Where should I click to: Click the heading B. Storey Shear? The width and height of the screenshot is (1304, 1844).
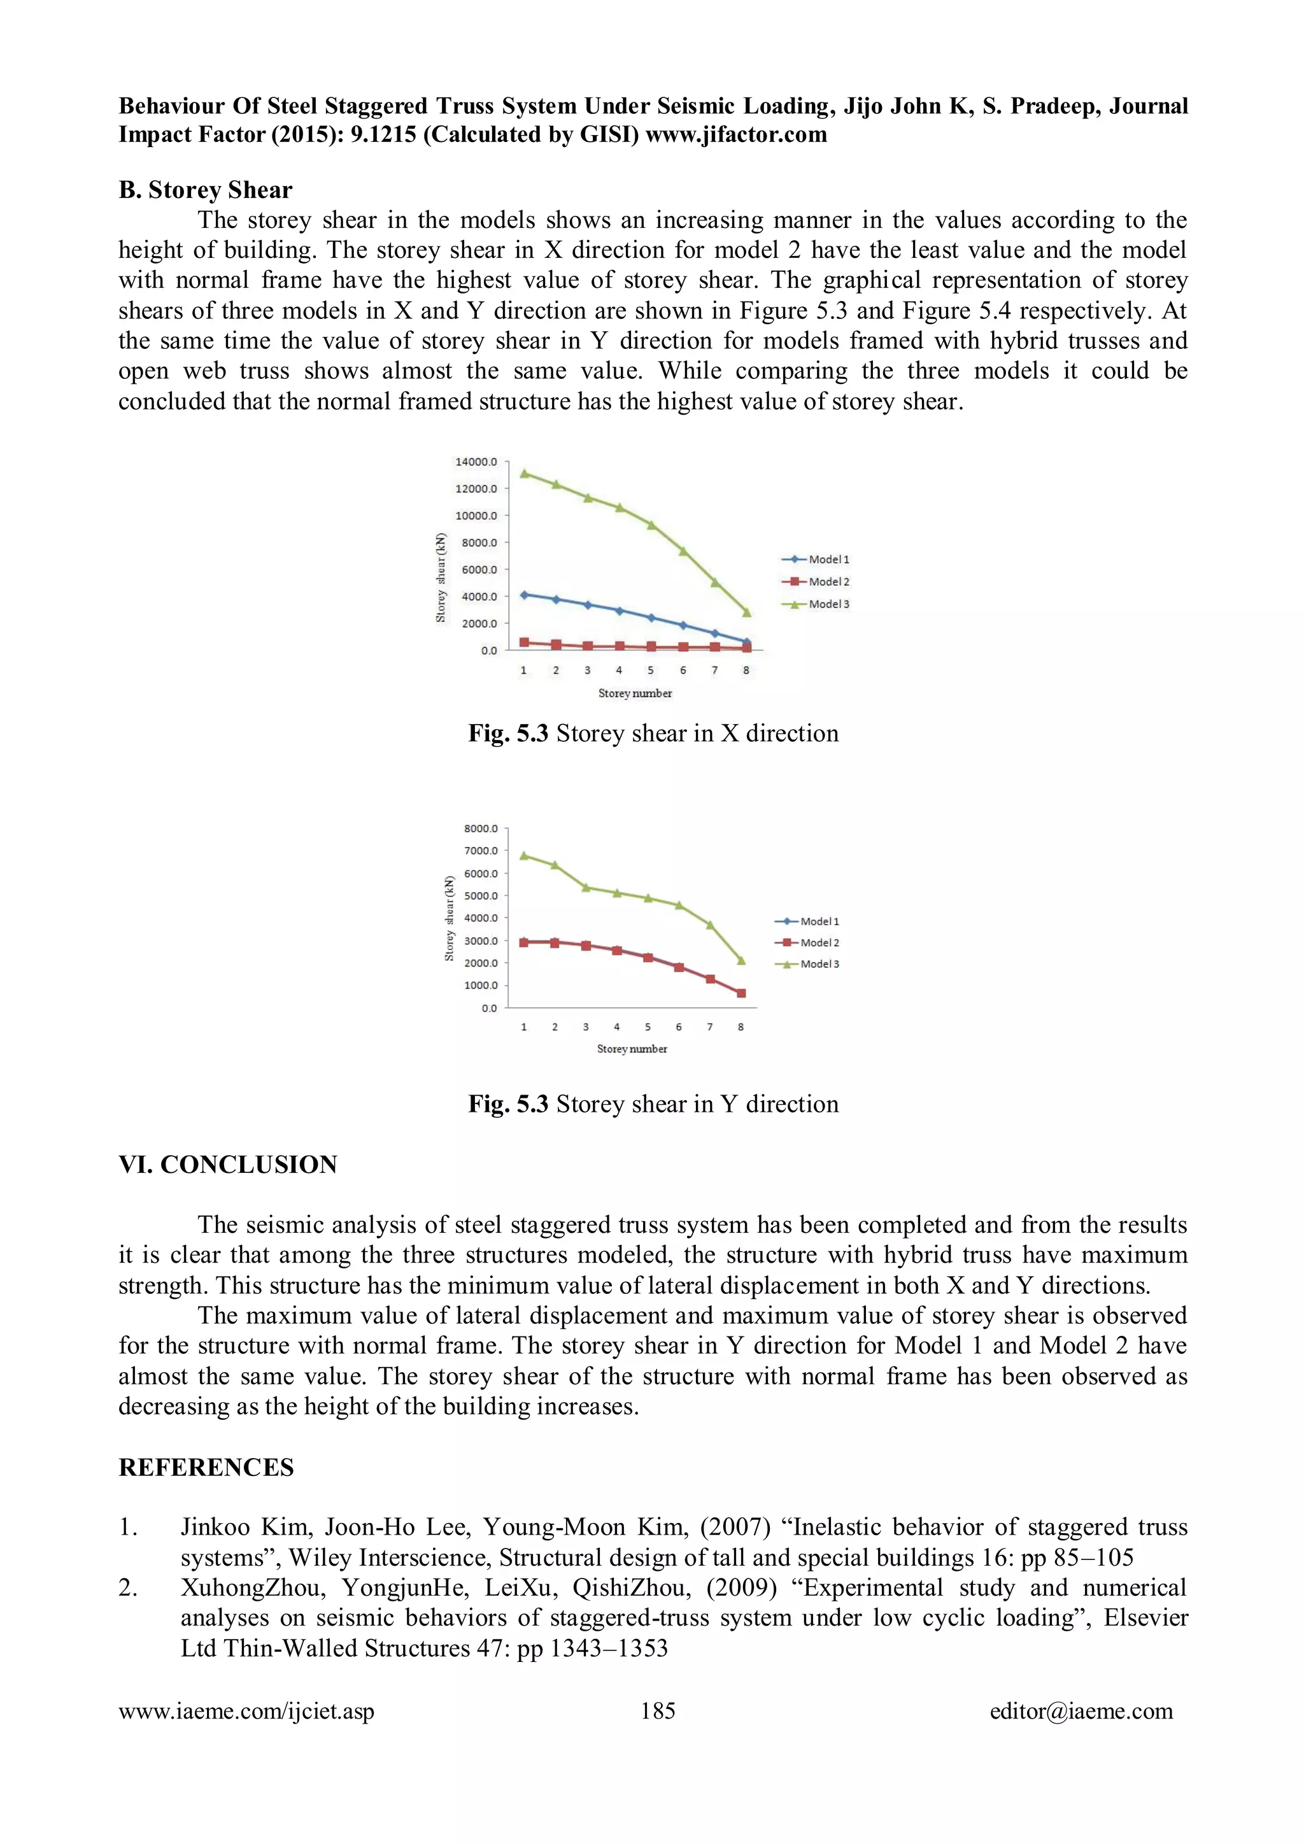click(x=206, y=190)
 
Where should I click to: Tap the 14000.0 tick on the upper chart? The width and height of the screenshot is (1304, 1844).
click(x=476, y=462)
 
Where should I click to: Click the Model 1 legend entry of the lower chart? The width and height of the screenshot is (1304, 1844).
click(x=808, y=921)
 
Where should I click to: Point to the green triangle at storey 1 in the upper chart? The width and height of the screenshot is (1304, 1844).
click(x=524, y=473)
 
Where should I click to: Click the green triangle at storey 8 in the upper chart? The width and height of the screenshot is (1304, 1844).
click(x=747, y=613)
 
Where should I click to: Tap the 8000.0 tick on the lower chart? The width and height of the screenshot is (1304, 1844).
click(x=481, y=828)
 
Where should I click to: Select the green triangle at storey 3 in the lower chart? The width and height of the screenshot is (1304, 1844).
click(x=586, y=888)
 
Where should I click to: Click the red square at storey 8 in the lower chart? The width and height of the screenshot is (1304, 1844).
click(x=741, y=993)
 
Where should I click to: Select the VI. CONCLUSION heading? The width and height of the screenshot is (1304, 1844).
click(x=228, y=1165)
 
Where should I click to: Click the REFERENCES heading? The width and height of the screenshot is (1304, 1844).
click(x=206, y=1467)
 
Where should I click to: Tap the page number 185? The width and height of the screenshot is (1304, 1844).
click(x=657, y=1711)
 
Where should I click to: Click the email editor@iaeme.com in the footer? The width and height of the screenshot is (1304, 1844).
click(x=1081, y=1711)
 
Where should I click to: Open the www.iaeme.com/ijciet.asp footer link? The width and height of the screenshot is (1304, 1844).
click(x=246, y=1711)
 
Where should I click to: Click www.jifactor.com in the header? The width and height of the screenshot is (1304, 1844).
click(x=735, y=134)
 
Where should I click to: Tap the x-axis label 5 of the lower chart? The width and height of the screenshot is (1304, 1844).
click(x=648, y=1026)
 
